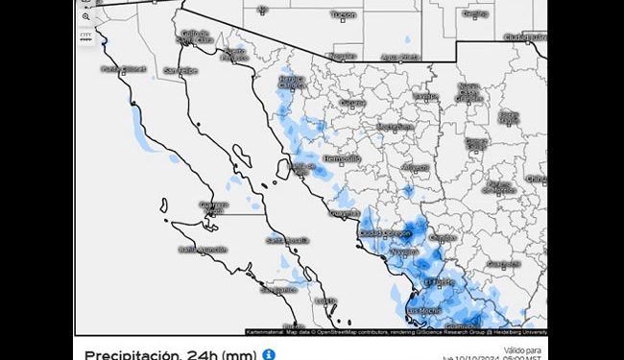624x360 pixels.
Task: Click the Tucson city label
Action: pos(343,15)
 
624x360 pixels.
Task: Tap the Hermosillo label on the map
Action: pos(342,157)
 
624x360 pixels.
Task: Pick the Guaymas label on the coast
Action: pos(345,213)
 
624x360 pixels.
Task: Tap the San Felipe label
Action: pos(180,70)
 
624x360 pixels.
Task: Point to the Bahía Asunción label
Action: pos(202,249)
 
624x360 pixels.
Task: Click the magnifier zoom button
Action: pos(86,16)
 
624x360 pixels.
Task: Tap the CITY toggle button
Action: pos(86,35)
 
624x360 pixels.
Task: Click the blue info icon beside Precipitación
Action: pos(270,354)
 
